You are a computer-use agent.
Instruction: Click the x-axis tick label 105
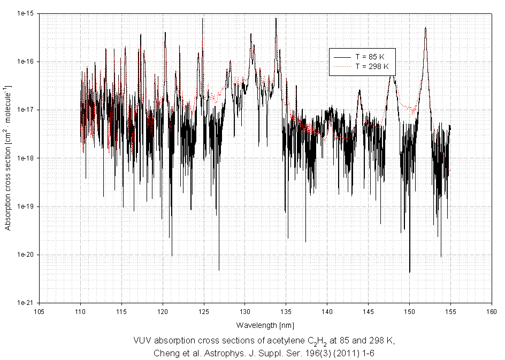39,311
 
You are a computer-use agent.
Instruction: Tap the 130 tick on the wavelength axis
244,311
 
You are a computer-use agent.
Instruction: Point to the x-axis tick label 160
491,311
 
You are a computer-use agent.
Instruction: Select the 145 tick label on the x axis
368,311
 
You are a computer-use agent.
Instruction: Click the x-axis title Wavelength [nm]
265,325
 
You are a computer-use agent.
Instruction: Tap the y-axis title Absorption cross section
8,158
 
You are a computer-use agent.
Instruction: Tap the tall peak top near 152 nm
426,28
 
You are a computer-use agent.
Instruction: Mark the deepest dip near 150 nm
410,272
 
